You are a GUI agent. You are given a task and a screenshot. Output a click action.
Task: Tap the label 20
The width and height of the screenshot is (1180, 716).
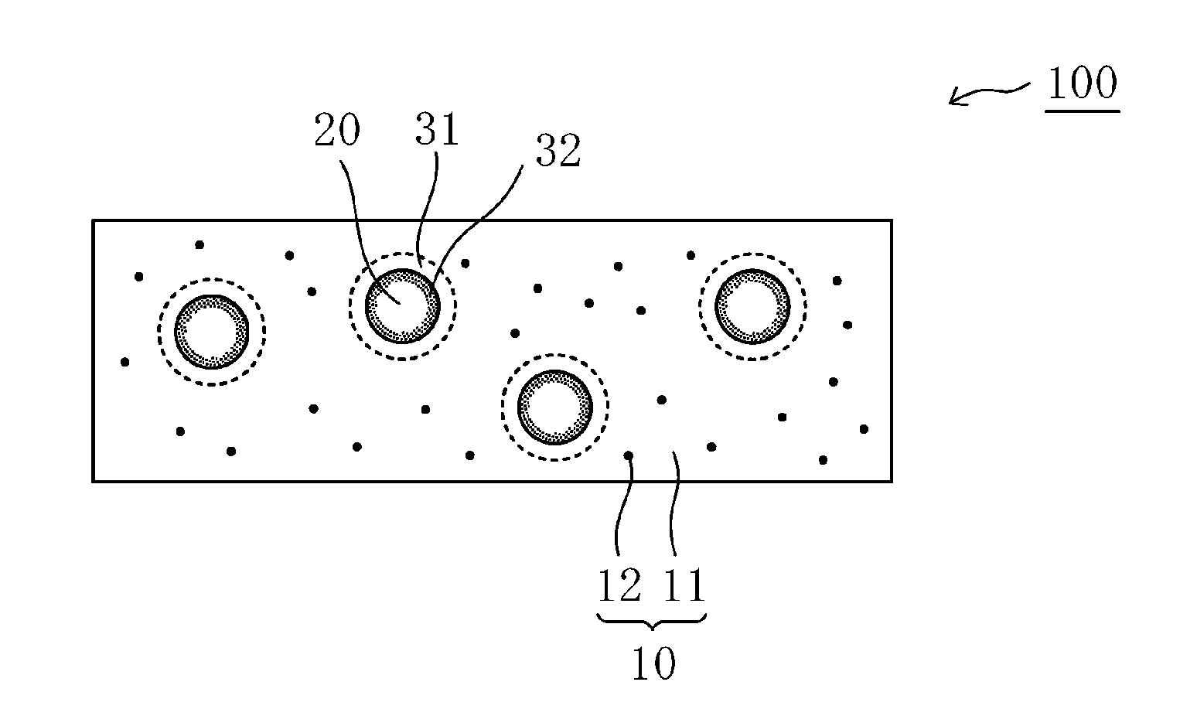336,131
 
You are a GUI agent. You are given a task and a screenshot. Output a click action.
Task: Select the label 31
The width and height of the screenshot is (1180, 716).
437,130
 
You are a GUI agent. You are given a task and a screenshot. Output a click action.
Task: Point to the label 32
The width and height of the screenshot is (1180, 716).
558,152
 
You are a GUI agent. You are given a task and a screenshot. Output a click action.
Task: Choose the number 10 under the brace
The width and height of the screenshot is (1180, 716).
653,663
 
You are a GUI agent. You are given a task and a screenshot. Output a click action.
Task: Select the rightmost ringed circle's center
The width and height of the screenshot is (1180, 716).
752,306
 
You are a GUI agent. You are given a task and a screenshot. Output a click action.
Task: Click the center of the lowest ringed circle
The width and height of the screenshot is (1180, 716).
554,407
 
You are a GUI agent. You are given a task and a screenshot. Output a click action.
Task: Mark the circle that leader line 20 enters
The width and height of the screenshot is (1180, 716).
402,305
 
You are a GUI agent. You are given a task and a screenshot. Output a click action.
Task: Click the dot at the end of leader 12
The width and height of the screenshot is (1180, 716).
629,455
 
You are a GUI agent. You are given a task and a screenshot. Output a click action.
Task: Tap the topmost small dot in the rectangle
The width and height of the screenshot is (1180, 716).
200,244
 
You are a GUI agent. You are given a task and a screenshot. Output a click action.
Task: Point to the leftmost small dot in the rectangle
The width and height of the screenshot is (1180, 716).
124,361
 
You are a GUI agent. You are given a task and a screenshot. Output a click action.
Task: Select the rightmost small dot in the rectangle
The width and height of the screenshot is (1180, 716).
864,428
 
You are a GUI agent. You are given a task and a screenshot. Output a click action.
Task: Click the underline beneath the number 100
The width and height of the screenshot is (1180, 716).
1082,111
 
